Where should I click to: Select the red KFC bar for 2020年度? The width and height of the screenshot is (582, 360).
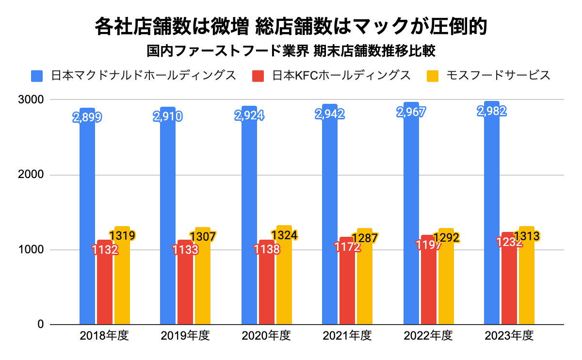(x=266, y=291)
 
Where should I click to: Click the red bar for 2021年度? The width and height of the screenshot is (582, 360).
(x=347, y=291)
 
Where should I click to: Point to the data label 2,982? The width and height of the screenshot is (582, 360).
(x=492, y=111)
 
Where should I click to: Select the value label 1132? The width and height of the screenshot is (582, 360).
(x=105, y=249)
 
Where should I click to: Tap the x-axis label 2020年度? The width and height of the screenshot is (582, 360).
(x=266, y=336)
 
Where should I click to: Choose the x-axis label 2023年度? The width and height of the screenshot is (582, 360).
(x=509, y=336)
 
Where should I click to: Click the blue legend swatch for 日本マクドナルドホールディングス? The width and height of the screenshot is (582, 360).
(x=37, y=76)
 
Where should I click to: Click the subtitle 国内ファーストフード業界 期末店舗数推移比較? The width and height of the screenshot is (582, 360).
(x=291, y=50)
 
